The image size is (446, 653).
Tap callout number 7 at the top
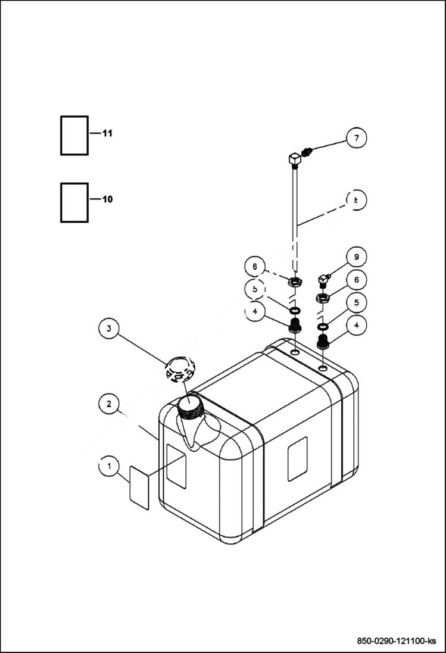pos(356,138)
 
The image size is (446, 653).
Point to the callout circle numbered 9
pos(356,257)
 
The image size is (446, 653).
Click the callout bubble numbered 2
pos(108,404)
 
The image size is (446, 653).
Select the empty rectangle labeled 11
pos(74,136)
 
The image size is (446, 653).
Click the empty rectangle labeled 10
pos(74,202)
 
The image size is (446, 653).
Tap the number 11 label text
pos(107,133)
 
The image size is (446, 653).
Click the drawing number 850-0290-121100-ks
pos(396,640)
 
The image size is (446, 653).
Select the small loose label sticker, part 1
pos(139,487)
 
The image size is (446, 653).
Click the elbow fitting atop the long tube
pos(294,160)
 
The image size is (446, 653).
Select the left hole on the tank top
pos(295,353)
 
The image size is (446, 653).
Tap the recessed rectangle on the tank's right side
pos(298,458)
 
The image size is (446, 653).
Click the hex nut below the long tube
pos(294,282)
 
